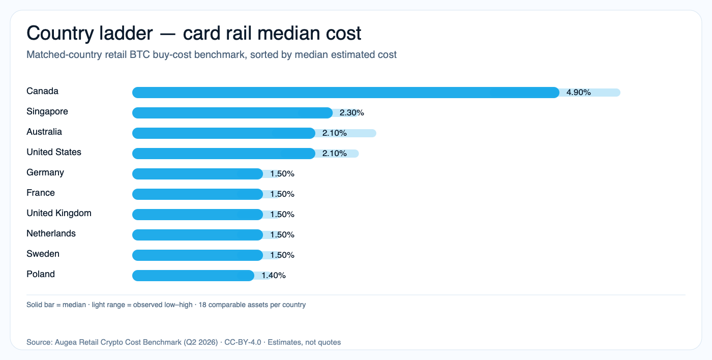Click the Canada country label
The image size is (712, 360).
42,92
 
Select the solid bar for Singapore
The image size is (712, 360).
232,113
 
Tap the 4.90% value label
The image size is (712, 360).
578,93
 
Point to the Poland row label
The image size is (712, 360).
41,275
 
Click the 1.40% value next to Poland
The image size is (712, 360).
274,276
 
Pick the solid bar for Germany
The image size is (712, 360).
197,174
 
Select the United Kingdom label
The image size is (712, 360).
59,214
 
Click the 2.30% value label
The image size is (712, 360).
352,113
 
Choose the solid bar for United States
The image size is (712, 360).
224,154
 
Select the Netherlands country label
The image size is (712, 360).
51,234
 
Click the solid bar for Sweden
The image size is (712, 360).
197,255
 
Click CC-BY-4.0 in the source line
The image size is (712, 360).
243,342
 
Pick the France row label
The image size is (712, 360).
41,193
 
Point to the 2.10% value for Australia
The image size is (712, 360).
335,133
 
